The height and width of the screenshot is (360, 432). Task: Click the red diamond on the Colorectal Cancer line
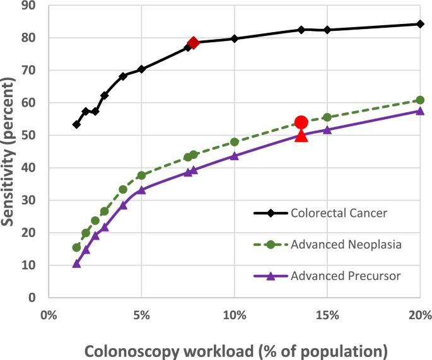193,43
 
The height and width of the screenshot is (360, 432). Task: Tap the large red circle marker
301,122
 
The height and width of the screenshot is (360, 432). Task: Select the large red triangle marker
301,134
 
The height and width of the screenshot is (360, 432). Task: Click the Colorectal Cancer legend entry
339,212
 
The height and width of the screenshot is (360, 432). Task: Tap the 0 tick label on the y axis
33,298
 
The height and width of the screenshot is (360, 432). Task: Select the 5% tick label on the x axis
141,315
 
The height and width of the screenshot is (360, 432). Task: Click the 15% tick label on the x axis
327,315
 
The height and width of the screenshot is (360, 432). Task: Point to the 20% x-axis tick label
419,315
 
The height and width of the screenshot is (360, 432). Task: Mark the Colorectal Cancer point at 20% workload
420,24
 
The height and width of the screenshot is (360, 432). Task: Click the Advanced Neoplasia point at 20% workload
420,100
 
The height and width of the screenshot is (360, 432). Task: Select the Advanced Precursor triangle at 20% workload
420,111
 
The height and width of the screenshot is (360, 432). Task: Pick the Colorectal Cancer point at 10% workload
235,38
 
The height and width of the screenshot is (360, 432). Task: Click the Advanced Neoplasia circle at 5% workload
141,175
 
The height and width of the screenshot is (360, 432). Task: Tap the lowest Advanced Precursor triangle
76,263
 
